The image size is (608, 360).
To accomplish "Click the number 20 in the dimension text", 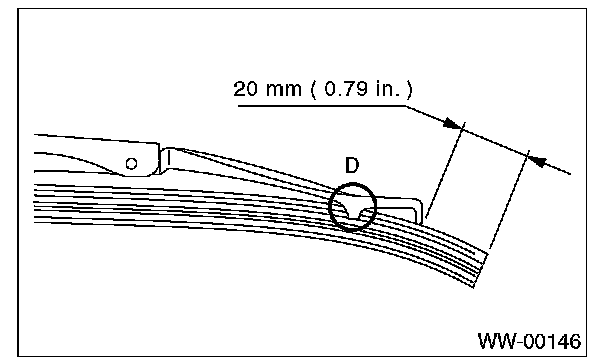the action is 245,89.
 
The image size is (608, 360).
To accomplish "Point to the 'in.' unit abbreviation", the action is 387,89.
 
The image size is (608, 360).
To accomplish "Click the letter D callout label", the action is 352,166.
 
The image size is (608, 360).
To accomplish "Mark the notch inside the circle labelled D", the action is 353,213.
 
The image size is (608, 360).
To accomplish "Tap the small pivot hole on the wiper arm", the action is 131,164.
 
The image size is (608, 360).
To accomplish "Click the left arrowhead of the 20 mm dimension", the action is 453,123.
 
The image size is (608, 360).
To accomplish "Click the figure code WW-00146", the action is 529,342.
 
